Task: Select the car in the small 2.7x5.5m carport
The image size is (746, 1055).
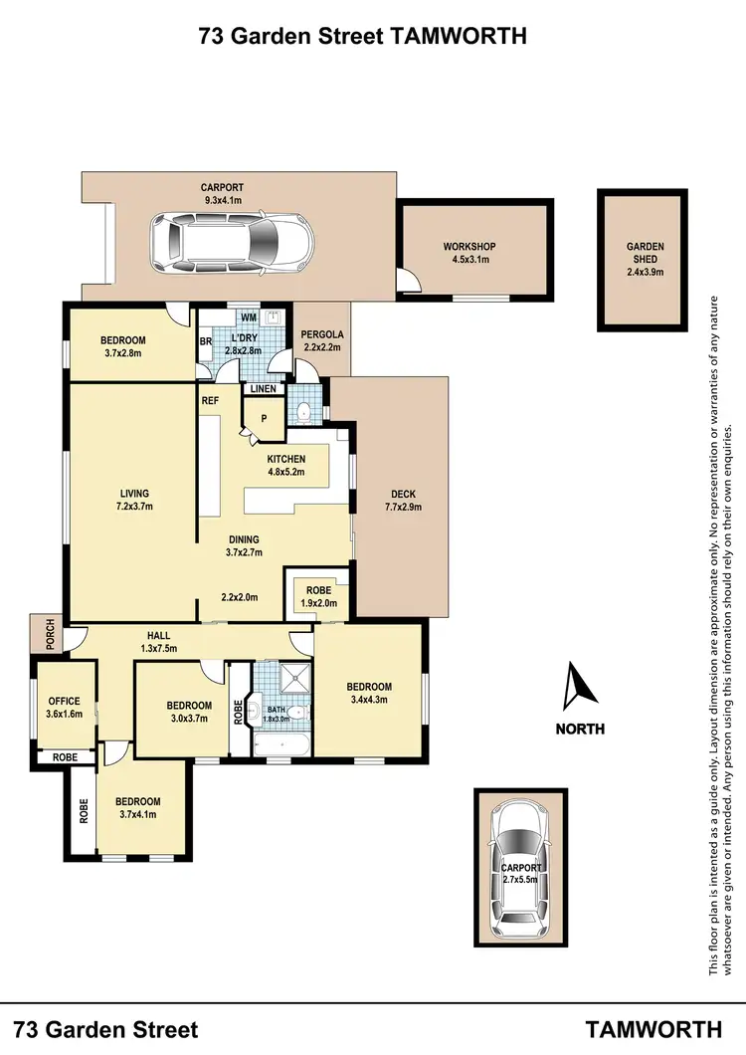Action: tap(521, 867)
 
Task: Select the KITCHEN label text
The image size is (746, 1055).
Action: tap(286, 459)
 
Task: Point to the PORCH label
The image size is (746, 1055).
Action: tap(47, 632)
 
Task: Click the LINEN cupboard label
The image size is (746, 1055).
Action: tap(265, 389)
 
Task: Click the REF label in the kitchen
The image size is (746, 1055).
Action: tap(211, 401)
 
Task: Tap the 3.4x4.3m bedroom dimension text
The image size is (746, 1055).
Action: tap(369, 701)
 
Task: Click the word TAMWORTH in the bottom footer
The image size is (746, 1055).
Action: tap(653, 1029)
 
